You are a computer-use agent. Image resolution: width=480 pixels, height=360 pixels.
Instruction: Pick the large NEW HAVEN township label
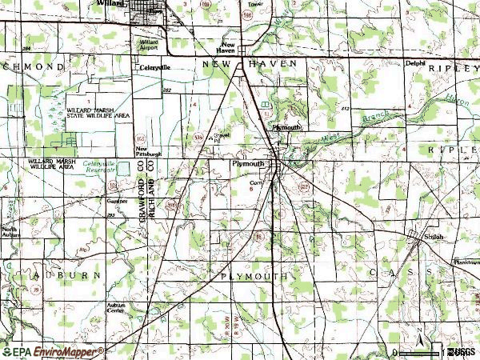click(x=250, y=63)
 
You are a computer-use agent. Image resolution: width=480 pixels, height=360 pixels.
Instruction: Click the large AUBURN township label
click(x=67, y=274)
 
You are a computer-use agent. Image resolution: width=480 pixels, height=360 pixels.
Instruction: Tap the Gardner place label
click(x=118, y=202)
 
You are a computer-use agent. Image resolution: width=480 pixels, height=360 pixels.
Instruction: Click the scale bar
click(x=420, y=352)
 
